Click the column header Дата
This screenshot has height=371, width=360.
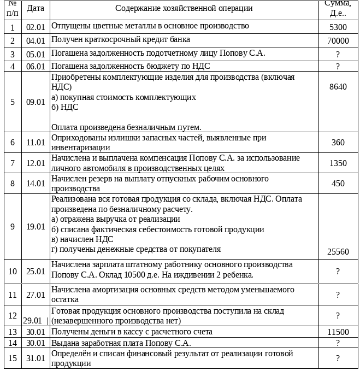[x=36, y=8]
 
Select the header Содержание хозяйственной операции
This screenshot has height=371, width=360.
[x=184, y=8]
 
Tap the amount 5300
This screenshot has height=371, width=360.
[x=338, y=27]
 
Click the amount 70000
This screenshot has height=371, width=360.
[x=338, y=41]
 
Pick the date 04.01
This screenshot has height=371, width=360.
[x=36, y=41]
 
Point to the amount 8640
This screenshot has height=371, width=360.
[x=338, y=87]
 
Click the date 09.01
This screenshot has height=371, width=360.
[x=36, y=102]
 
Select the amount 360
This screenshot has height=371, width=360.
[x=338, y=143]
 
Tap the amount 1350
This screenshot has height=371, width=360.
[x=338, y=163]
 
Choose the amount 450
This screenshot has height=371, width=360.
[x=338, y=184]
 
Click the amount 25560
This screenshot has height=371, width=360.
[x=338, y=252]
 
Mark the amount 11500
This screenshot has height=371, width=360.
[x=338, y=332]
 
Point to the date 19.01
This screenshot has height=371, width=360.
[x=36, y=227]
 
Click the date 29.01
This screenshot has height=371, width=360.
[x=33, y=320]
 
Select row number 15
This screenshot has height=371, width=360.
[x=13, y=358]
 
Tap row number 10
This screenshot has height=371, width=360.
[x=13, y=272]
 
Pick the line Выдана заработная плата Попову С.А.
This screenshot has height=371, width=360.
[x=121, y=343]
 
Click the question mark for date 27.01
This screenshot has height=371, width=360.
[x=338, y=295]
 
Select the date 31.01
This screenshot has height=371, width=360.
[x=36, y=358]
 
